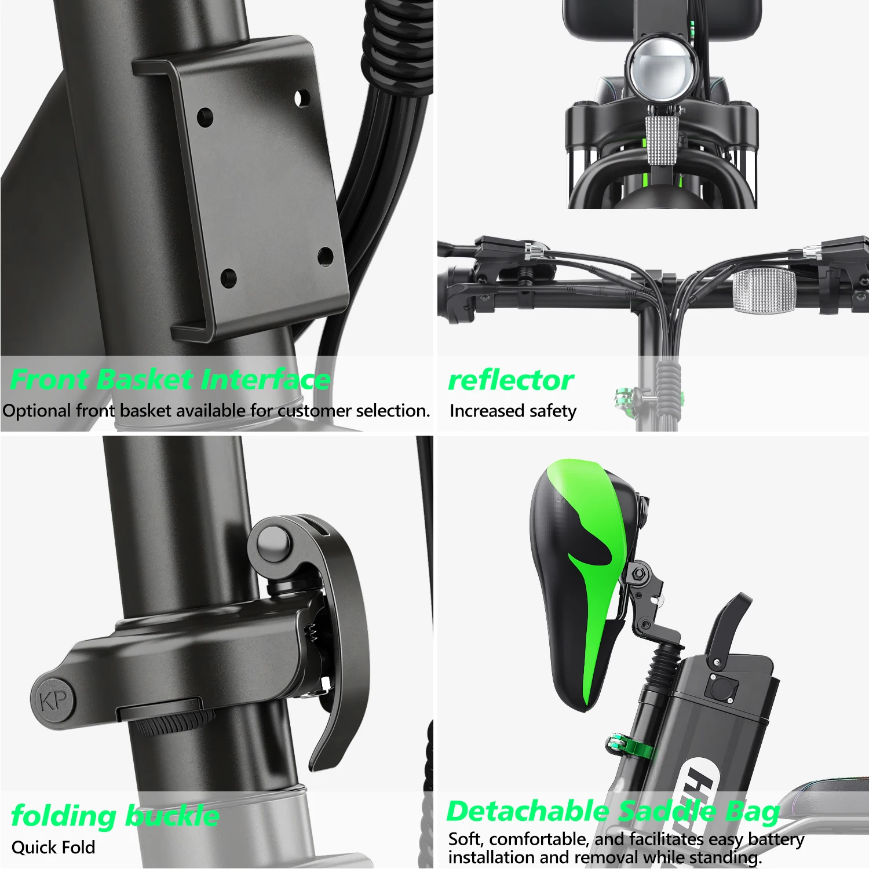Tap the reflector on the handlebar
click(x=764, y=290)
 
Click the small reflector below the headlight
click(x=662, y=140)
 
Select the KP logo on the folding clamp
click(x=54, y=700)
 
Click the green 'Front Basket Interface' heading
click(x=170, y=380)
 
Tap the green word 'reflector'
click(x=510, y=381)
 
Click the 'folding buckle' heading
click(x=115, y=816)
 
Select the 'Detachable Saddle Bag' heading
click(x=613, y=811)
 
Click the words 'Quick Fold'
click(x=53, y=847)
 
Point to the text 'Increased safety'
click(x=513, y=411)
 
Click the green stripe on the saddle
click(x=597, y=579)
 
